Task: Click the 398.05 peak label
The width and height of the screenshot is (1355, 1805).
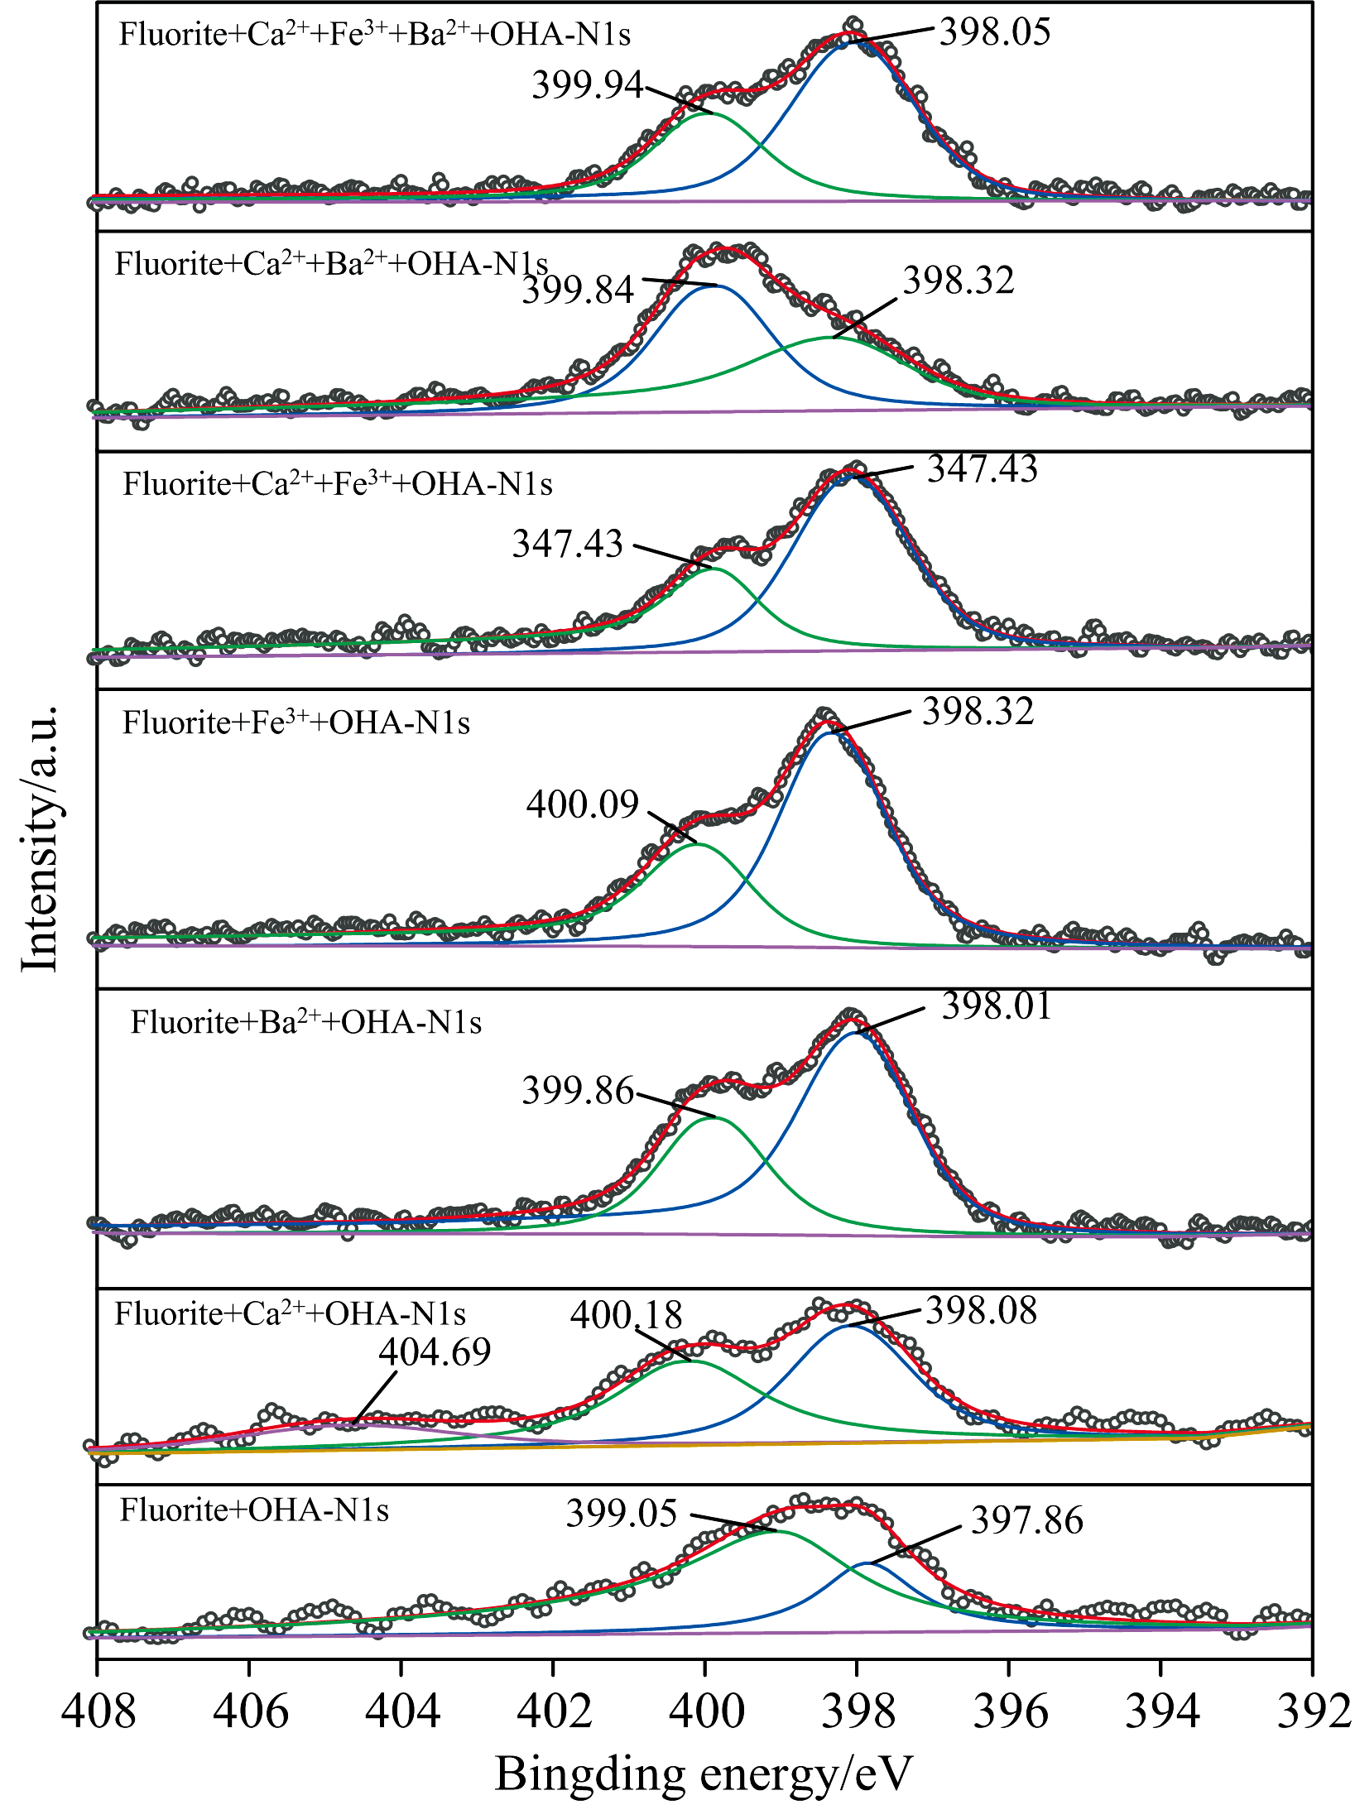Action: coord(994,33)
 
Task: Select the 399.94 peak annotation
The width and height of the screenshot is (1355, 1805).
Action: coord(587,85)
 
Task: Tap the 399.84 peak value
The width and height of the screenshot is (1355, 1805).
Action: coord(578,290)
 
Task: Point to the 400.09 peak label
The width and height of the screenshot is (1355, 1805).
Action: coord(583,804)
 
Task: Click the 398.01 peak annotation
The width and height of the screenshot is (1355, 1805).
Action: coord(997,1006)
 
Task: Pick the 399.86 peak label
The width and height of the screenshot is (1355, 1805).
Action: coord(578,1092)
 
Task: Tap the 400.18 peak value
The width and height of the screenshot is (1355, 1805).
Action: coord(626,1315)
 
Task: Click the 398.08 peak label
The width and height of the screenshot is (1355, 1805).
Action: coord(981,1311)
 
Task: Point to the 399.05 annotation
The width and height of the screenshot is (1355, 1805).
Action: coord(622,1514)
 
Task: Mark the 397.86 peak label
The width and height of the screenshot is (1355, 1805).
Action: coord(1026,1521)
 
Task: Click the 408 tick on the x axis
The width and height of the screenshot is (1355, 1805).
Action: coord(99,1712)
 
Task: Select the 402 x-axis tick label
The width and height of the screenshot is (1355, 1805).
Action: coord(554,1712)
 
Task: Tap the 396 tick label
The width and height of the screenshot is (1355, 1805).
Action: coord(1010,1712)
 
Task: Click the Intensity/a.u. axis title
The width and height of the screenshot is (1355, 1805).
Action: coord(40,838)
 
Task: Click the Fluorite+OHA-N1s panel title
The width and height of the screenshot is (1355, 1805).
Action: coord(254,1510)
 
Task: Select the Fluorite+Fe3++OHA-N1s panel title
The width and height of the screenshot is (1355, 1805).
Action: coord(296,722)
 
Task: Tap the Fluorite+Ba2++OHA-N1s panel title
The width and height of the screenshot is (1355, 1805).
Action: coord(305,1023)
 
